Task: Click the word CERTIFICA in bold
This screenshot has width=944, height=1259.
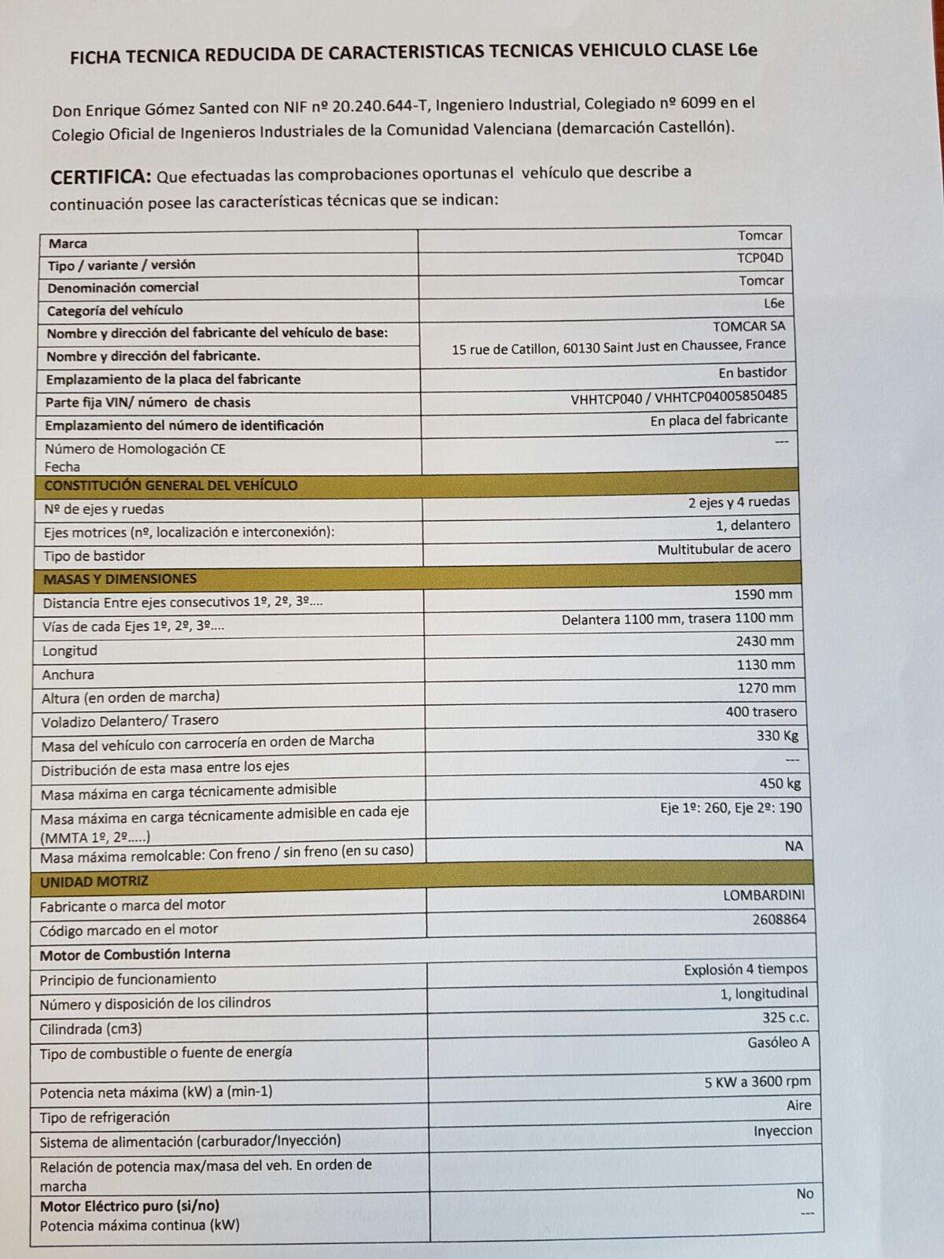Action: tap(100, 176)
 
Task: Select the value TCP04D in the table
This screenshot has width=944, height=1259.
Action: tap(760, 258)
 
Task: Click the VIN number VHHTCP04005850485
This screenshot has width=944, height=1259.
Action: tap(721, 397)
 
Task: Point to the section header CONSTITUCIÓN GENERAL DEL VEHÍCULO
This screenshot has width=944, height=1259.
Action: tap(171, 486)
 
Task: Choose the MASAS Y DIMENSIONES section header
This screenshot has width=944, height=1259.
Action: tap(120, 579)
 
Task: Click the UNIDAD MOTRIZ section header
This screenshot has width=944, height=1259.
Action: tap(94, 882)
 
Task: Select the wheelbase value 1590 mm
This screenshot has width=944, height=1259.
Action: tap(763, 595)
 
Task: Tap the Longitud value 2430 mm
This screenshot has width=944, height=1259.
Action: tap(765, 641)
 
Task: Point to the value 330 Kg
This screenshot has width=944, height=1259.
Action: tap(777, 736)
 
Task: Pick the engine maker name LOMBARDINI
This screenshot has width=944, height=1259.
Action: tap(764, 895)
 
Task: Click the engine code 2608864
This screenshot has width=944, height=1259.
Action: tap(779, 919)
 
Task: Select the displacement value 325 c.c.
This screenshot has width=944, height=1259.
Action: tap(785, 1017)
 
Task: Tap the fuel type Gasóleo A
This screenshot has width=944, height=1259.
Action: tap(778, 1043)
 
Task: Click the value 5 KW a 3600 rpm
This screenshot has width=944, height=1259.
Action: tap(757, 1082)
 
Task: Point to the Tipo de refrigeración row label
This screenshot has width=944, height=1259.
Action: tap(105, 1117)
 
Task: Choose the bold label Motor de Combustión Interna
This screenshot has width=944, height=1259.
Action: tap(135, 954)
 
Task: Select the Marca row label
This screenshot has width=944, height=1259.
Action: tap(68, 244)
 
